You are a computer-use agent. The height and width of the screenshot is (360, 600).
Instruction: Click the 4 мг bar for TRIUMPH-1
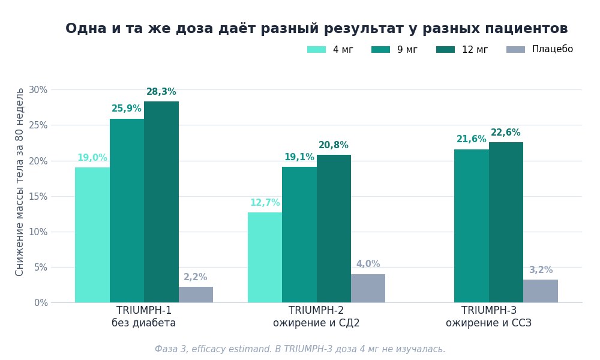92,235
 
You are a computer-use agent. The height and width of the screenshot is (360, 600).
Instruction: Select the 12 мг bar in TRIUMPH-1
161,202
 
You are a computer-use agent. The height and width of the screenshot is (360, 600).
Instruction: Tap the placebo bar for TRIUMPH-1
196,295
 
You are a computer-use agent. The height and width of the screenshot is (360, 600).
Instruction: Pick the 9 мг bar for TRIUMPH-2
299,235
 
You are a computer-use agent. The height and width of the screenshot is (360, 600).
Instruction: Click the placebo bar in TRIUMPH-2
368,289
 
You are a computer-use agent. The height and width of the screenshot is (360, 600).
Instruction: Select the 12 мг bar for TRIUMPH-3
506,222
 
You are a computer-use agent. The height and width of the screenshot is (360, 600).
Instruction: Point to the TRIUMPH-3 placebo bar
541,291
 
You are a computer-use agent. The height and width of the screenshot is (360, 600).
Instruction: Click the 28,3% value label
161,92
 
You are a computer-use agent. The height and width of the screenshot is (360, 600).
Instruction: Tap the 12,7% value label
265,203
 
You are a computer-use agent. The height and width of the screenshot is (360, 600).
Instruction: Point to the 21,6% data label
472,139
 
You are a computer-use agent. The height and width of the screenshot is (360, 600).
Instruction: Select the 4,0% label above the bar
368,264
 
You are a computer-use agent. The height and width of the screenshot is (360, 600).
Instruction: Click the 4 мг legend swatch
316,49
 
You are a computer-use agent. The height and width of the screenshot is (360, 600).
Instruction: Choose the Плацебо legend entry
539,49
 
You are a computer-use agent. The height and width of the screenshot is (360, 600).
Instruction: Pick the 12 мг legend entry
462,49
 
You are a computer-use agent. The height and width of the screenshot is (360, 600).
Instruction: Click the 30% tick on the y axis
38,90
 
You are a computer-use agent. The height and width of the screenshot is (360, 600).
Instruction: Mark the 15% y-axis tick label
38,197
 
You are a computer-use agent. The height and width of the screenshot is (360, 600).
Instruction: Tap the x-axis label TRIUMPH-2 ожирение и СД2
316,316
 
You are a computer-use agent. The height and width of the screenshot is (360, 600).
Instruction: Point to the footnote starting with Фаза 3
300,349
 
